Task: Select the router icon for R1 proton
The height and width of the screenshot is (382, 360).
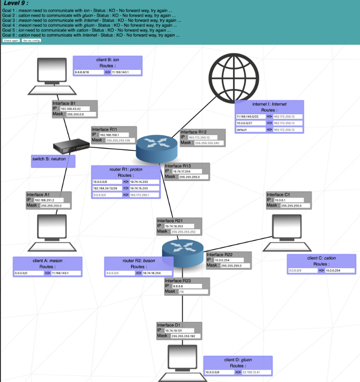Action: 157,147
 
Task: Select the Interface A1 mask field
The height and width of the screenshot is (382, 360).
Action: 55,205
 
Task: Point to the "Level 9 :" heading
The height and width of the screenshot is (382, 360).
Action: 16,4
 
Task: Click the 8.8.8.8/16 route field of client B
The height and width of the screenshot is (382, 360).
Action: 88,72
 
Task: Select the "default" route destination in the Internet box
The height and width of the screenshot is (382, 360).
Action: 250,130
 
